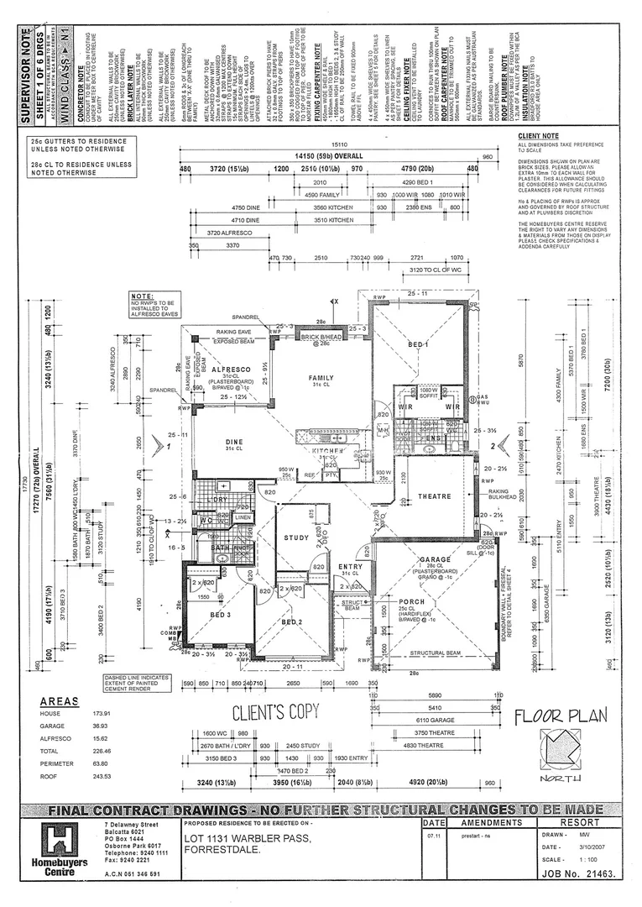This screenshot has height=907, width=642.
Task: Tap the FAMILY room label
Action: click(321, 378)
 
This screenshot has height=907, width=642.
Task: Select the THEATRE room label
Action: click(435, 497)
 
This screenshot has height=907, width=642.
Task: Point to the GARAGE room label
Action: click(435, 559)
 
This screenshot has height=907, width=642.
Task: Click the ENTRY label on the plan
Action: click(350, 567)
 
